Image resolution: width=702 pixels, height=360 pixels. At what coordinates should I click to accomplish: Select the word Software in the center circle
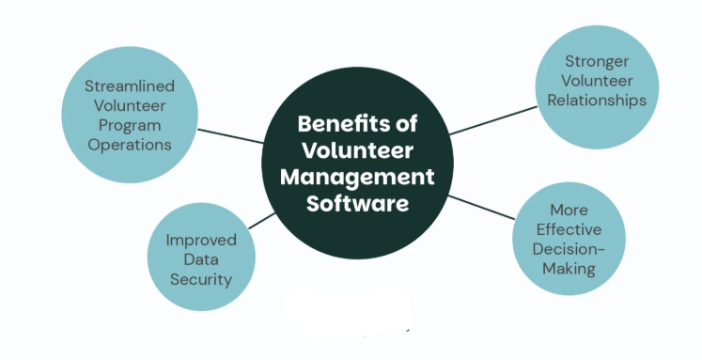[359, 203]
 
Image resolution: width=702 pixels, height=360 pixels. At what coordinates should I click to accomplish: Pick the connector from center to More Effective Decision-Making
[483, 209]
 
